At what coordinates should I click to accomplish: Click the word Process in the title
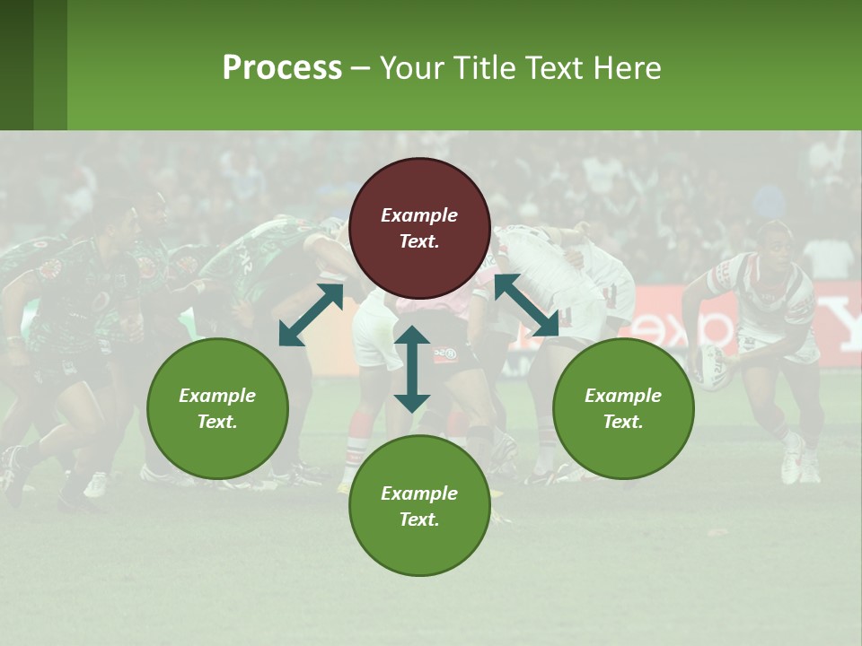point(282,68)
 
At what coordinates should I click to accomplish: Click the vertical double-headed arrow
point(412,369)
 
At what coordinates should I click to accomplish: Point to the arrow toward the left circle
point(311,315)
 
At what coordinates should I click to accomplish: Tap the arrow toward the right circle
point(527,305)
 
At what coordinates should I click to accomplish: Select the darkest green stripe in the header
point(16,65)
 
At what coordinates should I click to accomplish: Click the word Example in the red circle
point(419,215)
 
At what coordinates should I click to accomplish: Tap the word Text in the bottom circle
point(419,519)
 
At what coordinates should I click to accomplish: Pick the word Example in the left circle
point(217,396)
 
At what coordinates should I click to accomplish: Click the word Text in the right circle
point(623,422)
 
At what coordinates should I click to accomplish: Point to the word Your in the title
point(410,68)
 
